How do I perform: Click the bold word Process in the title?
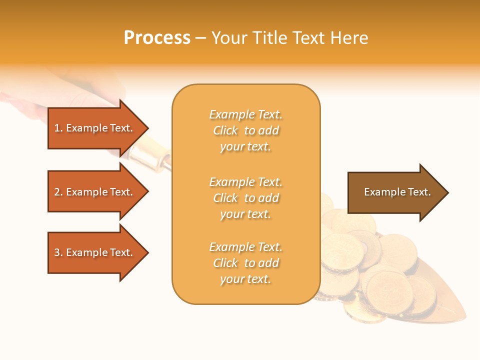(157, 38)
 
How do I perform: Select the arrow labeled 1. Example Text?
(95, 128)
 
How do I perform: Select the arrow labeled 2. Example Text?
(95, 192)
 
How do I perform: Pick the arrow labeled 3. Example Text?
(95, 252)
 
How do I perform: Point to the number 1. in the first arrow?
(58, 128)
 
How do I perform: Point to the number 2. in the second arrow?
(58, 192)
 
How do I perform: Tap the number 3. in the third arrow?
(58, 252)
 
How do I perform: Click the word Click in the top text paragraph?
(225, 130)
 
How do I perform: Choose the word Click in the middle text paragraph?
(225, 198)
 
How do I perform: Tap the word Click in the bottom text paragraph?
(225, 263)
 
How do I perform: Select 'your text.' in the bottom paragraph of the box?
(245, 279)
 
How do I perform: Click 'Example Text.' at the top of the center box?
(245, 114)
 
